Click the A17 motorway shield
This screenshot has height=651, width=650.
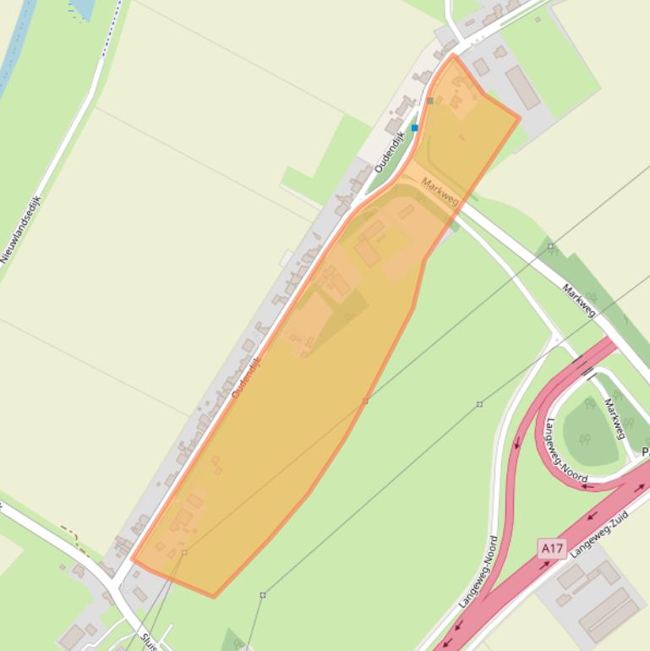[x=552, y=550]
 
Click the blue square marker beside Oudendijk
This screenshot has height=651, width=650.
[x=415, y=128]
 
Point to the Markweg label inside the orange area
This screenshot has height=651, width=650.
[x=440, y=191]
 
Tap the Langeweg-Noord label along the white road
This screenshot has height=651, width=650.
[x=480, y=572]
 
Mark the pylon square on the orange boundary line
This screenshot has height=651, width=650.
[x=365, y=401]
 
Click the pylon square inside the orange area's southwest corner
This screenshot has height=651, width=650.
[x=184, y=553]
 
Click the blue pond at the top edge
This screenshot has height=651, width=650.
[x=82, y=8]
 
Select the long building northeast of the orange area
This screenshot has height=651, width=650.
[x=522, y=88]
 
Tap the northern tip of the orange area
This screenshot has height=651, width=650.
[x=454, y=56]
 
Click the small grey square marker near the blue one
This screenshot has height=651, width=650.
[x=430, y=101]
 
